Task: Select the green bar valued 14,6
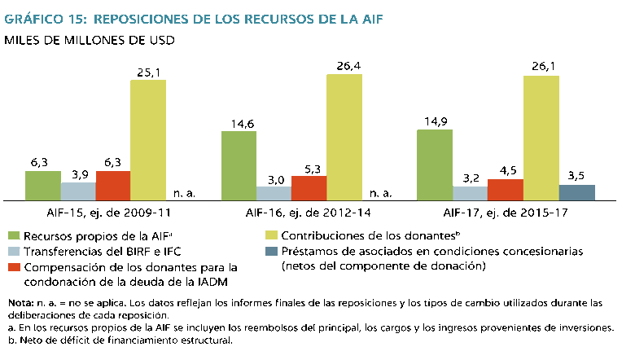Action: [x=239, y=165]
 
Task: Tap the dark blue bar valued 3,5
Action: [x=577, y=192]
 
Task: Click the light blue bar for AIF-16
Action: [x=275, y=193]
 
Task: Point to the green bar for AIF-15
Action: [x=43, y=186]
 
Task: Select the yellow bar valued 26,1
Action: [x=541, y=138]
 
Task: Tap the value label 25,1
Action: [x=149, y=72]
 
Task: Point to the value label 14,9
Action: [x=434, y=122]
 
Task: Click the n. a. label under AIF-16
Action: [x=381, y=194]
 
